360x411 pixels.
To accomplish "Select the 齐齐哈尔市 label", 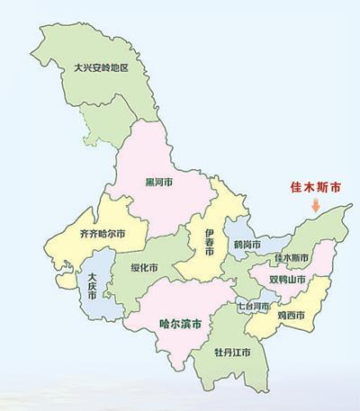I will click(78, 233).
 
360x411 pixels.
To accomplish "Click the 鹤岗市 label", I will click(247, 244).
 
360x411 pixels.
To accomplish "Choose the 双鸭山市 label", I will click(287, 280).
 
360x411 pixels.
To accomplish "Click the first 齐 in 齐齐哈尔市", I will click(60, 233).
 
